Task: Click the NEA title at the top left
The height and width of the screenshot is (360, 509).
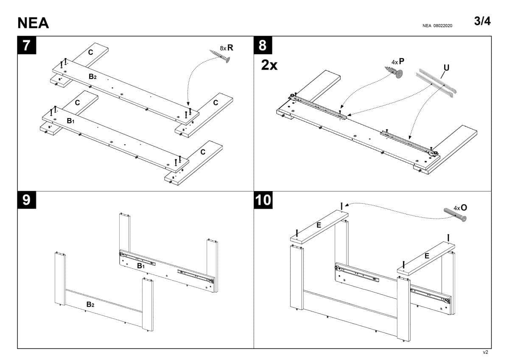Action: coord(33,23)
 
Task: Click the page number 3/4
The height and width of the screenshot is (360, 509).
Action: coord(482,21)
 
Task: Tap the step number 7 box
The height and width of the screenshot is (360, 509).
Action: coord(27,45)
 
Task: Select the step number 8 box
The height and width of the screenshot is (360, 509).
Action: coord(263,45)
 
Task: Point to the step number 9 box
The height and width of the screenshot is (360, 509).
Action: coord(27,200)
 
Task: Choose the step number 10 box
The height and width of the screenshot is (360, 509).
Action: coord(264,200)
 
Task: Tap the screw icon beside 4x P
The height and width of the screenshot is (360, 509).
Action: coord(394,72)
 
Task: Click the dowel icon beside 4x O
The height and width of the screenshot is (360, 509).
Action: coord(454,215)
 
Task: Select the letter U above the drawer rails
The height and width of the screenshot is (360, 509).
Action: coord(446,68)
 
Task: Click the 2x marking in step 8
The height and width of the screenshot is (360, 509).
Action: coord(269,66)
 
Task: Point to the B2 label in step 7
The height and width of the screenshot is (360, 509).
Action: coord(93,77)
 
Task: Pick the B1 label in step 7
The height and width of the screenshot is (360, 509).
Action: coord(70,121)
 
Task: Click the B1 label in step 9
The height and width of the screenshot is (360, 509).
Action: coord(141,266)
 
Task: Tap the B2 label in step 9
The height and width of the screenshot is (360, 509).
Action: coord(90,304)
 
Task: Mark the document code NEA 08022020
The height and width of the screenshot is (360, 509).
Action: coord(437,26)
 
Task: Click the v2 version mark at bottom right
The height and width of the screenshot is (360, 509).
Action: coord(486,352)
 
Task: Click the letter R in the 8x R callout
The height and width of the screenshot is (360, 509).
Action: coord(230,48)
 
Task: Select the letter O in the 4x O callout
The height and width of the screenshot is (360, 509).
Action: coord(464,208)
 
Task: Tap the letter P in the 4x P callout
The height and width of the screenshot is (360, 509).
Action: coord(401,62)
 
